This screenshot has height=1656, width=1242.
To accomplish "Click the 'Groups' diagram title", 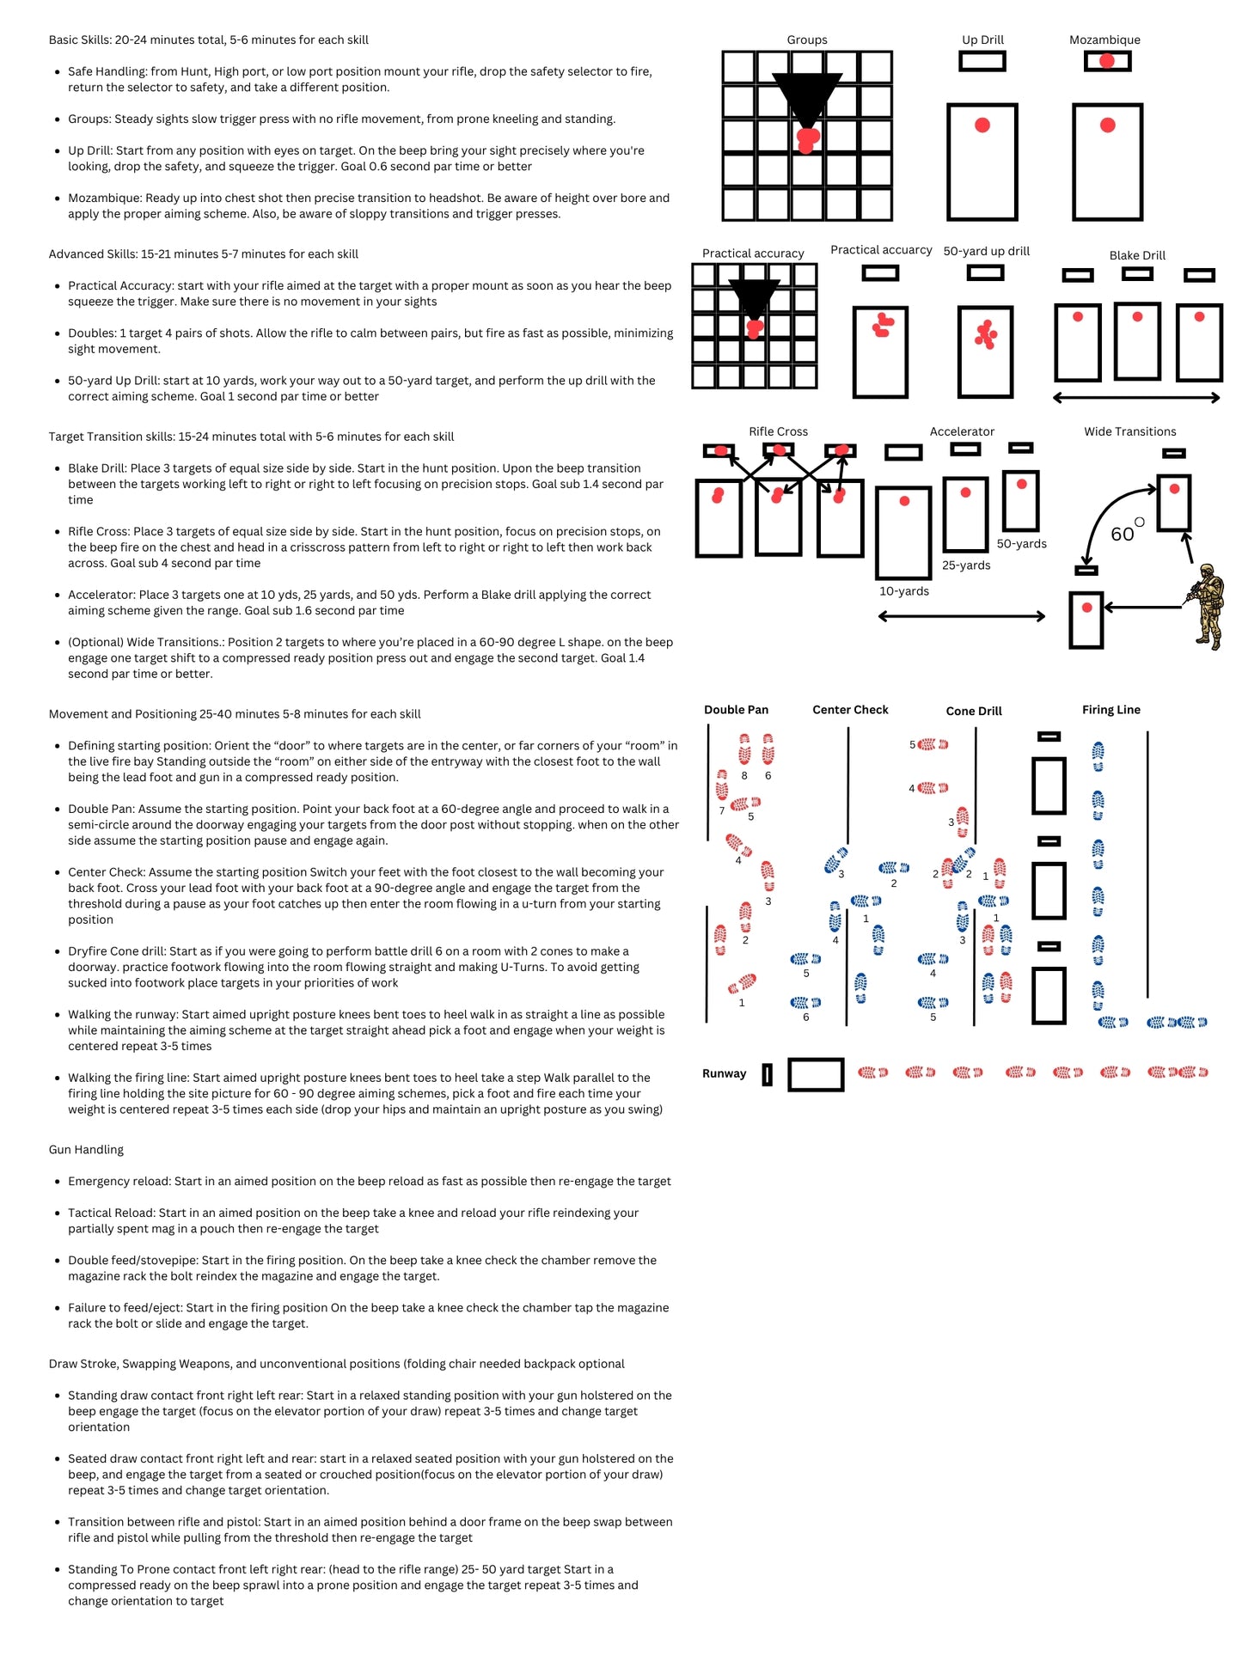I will click(x=806, y=40).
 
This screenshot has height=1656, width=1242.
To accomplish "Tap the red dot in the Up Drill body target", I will click(x=982, y=125).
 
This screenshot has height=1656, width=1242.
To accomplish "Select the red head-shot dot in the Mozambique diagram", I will click(x=1106, y=61).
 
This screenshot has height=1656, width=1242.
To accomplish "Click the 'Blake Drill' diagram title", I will click(x=1136, y=255).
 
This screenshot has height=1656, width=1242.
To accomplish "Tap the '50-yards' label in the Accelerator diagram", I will click(x=1021, y=544).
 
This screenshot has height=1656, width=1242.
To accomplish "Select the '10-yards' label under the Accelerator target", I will click(x=903, y=591).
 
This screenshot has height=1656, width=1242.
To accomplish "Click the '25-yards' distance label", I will click(x=965, y=565).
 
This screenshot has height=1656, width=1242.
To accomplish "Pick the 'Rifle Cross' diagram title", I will click(x=778, y=431).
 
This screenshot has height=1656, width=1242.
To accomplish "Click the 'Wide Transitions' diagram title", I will click(x=1129, y=431).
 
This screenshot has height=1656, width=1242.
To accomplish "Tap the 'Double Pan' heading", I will click(x=736, y=710).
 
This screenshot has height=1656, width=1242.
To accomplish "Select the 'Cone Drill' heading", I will click(x=973, y=711).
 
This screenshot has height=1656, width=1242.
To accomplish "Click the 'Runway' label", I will click(x=724, y=1073).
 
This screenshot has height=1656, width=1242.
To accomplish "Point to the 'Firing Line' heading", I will click(x=1110, y=710).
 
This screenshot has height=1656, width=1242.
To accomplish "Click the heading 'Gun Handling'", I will click(x=86, y=1150).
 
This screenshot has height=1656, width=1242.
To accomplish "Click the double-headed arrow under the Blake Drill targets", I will click(x=1135, y=398).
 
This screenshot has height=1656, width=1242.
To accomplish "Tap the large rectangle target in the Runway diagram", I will click(x=815, y=1074).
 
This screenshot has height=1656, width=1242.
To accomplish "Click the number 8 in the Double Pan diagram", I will click(x=743, y=775).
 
